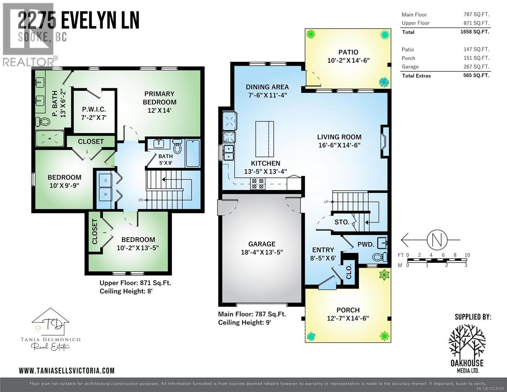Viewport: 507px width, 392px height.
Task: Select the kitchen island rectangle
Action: [x=264, y=139]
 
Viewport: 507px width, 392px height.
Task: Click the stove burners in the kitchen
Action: [x=257, y=184]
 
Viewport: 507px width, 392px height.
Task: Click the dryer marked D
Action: [x=105, y=180]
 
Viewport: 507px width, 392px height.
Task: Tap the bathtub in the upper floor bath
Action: [x=193, y=153]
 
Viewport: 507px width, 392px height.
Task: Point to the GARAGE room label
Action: [x=261, y=244]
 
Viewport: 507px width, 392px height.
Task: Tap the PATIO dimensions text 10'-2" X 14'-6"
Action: [x=348, y=60]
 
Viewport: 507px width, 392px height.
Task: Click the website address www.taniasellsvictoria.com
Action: [x=67, y=370]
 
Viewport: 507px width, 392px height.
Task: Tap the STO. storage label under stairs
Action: [x=341, y=222]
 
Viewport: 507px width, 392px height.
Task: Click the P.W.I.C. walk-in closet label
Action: [x=94, y=109]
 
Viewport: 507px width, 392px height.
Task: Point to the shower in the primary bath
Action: [x=50, y=138]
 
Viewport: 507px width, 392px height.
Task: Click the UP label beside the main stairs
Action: [x=326, y=202]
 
